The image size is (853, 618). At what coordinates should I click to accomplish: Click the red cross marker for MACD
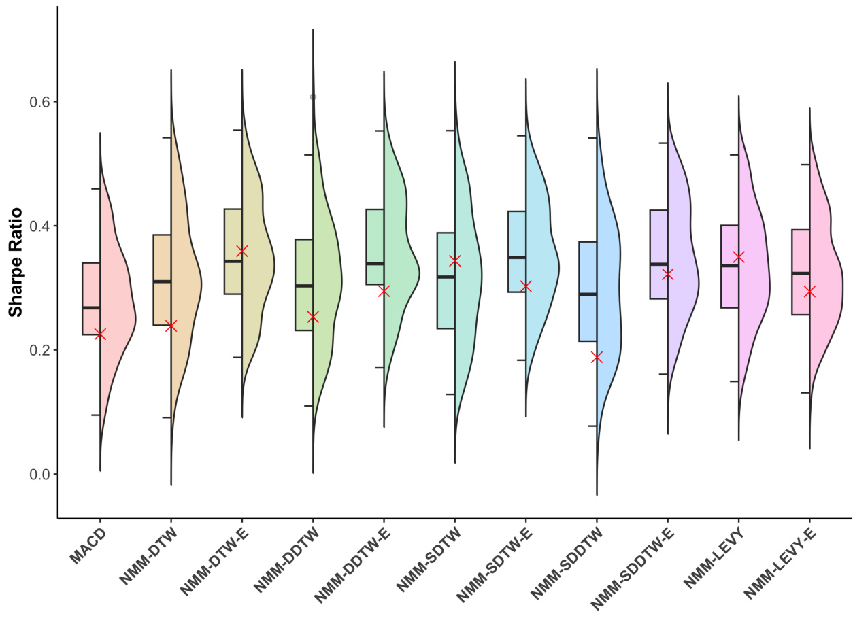coord(100,334)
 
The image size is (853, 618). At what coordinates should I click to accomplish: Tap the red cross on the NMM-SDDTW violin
coord(597,357)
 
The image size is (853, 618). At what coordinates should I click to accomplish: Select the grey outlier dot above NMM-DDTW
coord(313,97)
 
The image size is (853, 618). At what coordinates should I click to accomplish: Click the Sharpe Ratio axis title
coord(16,262)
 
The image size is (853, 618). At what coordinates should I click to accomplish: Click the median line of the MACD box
coord(91,308)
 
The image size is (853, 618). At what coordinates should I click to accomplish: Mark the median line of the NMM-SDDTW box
coord(588,294)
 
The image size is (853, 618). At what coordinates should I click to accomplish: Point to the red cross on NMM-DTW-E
coord(241,251)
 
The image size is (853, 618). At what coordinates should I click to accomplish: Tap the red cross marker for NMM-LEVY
coord(739,257)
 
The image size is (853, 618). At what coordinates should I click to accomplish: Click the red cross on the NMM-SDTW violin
coord(455,260)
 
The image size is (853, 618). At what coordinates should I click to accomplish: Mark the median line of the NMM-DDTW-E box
coord(375,264)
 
